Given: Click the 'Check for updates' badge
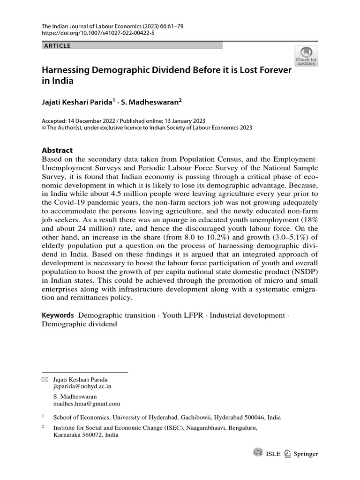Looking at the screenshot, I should [306, 56].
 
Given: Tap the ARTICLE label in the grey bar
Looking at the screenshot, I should [57, 45].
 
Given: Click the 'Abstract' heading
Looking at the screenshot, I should [57, 150].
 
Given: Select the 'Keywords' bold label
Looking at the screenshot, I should [58, 315].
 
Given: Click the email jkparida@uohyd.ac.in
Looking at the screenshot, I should [82, 387].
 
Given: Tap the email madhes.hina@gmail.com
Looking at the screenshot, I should [87, 403].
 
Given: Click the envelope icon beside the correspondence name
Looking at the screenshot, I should [45, 379].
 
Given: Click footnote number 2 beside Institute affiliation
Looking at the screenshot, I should [43, 427].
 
